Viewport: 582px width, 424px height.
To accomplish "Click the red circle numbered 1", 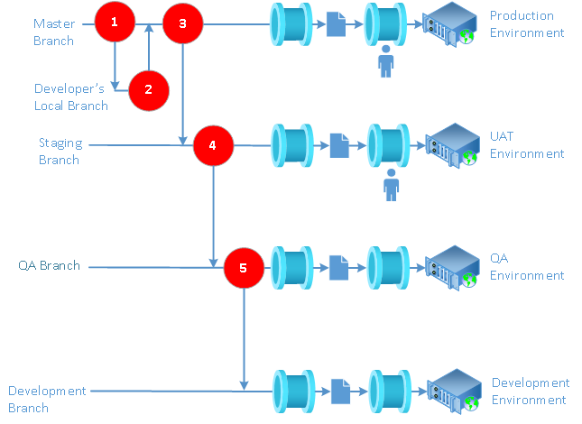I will coord(115,23).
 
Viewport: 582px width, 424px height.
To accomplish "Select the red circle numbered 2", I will coord(149,88).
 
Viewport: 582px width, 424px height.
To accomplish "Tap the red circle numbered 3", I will coord(183,23).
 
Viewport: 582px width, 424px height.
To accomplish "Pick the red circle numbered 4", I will coord(213,144).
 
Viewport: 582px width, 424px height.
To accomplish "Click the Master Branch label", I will coord(54,32).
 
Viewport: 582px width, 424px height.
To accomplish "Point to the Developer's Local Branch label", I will coord(71,97).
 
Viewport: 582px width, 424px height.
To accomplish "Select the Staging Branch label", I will coord(60,152).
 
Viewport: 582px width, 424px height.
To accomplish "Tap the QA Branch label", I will coord(49,266).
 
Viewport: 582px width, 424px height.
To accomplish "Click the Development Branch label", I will coord(47,399).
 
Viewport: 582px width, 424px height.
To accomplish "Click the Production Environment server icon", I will coord(449,23).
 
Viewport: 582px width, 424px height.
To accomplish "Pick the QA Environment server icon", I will coord(450,267).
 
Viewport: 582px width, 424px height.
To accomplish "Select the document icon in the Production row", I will coord(336,23).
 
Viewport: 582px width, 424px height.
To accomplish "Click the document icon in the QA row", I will coord(338,267).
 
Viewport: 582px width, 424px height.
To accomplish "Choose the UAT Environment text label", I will coord(527,145).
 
